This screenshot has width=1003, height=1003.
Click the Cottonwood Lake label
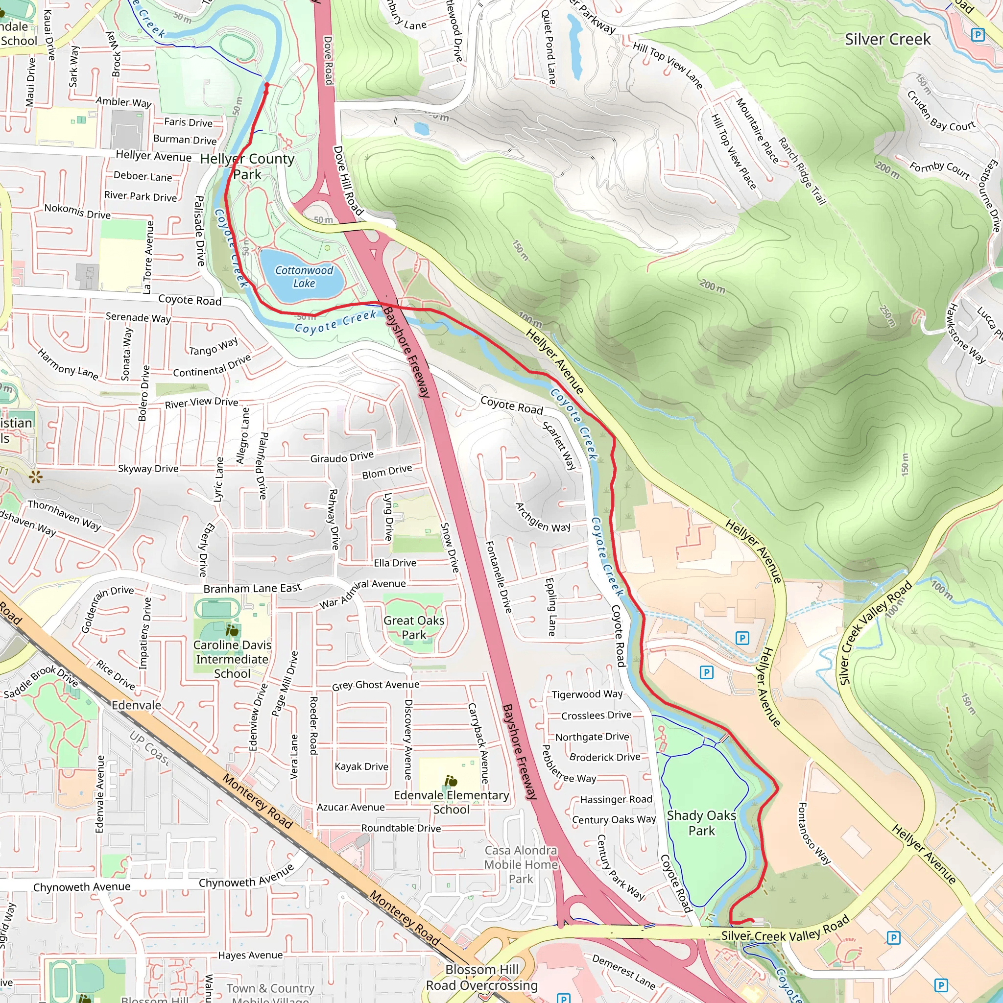pyautogui.click(x=304, y=277)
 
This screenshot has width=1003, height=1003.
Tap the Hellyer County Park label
pyautogui.click(x=247, y=166)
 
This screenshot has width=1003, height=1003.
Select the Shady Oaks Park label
pyautogui.click(x=701, y=823)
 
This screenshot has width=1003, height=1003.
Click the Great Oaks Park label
pyautogui.click(x=414, y=628)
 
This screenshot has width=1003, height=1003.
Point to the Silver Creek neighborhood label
pyautogui.click(x=887, y=40)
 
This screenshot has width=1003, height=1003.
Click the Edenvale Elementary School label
pyautogui.click(x=451, y=802)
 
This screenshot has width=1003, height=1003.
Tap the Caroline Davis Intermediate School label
pyautogui.click(x=232, y=659)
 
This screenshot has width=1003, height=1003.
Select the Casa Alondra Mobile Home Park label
pyautogui.click(x=521, y=864)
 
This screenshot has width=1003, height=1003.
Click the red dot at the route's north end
pyautogui.click(x=267, y=85)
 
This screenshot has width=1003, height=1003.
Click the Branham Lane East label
pyautogui.click(x=252, y=588)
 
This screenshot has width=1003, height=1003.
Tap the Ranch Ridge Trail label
pyautogui.click(x=802, y=171)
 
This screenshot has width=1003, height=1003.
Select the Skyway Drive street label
pyautogui.click(x=148, y=468)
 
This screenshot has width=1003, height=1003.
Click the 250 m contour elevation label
pyautogui.click(x=887, y=316)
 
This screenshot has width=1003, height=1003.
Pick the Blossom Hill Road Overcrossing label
pyautogui.click(x=481, y=978)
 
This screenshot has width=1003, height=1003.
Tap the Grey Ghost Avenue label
pyautogui.click(x=375, y=685)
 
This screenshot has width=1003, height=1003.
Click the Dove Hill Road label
pyautogui.click(x=348, y=181)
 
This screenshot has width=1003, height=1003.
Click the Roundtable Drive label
pyautogui.click(x=401, y=828)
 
